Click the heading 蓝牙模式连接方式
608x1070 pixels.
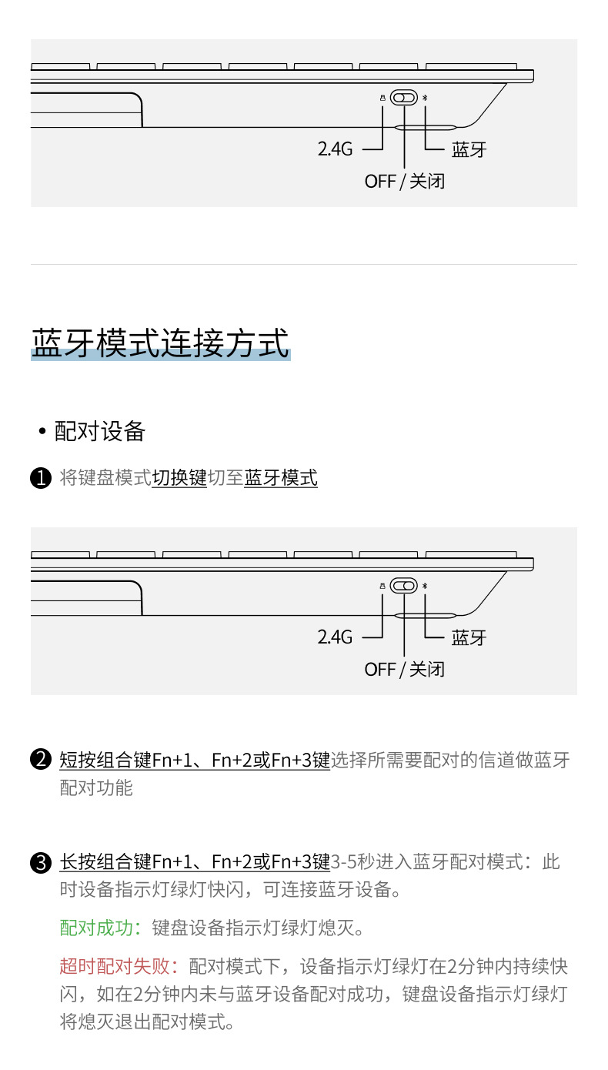click(160, 343)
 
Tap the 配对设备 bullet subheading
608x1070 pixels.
click(99, 431)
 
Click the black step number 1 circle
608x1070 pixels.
click(40, 478)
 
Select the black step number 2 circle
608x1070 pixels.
click(40, 760)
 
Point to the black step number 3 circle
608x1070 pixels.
click(40, 862)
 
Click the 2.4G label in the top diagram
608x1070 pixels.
click(335, 149)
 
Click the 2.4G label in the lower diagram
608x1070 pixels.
click(335, 637)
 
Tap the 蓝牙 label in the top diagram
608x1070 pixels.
click(469, 149)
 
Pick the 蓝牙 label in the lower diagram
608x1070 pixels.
click(469, 637)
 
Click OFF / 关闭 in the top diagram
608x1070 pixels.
click(404, 182)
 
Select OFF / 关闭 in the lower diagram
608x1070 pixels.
click(404, 670)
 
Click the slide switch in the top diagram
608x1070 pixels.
click(403, 98)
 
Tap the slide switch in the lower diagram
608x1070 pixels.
click(403, 586)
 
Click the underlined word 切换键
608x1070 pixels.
click(179, 478)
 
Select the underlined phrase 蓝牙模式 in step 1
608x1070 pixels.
click(281, 478)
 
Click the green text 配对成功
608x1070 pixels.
click(96, 928)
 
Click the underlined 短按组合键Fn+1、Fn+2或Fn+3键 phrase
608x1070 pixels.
click(195, 760)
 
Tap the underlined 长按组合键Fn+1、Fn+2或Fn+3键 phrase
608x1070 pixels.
click(195, 862)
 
